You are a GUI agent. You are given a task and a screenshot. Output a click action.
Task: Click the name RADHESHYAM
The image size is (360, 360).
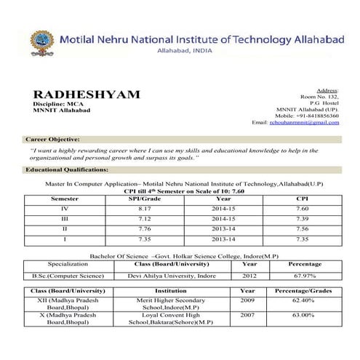87,95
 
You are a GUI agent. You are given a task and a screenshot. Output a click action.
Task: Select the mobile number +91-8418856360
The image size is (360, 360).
307,115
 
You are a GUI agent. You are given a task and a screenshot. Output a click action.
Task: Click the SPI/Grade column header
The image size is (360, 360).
144,199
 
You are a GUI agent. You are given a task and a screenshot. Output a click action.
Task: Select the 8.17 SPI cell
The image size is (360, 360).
144,208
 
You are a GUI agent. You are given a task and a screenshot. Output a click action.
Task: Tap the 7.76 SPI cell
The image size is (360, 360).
144,228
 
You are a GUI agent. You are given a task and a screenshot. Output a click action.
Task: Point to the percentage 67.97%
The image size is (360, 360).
305,276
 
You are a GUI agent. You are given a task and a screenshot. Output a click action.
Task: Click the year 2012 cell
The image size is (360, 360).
249,276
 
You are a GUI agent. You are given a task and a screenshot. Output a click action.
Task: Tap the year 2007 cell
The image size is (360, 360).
247,316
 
